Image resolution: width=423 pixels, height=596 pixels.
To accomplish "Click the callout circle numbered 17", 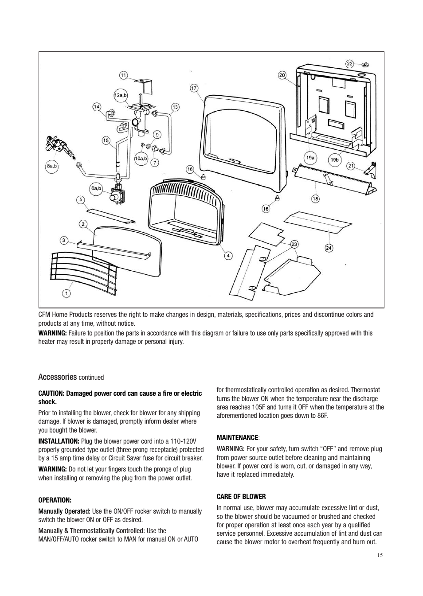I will (194, 88).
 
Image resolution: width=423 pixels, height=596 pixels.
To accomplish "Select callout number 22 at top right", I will (350, 64).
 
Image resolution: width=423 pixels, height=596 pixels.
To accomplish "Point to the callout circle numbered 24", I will (329, 248).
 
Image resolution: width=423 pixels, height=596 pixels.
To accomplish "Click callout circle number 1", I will (66, 293).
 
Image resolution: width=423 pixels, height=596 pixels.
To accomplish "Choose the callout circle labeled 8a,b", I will (52, 166).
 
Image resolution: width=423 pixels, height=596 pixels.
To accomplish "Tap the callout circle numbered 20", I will (282, 75).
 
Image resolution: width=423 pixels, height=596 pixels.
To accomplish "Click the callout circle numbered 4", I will (228, 255).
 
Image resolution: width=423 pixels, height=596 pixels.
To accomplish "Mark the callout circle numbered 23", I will (294, 244).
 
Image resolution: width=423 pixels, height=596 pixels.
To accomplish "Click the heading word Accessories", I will (58, 377).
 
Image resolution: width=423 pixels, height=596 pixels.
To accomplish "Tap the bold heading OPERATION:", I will (55, 500).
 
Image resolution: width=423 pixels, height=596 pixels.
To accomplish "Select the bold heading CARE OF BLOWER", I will (241, 496).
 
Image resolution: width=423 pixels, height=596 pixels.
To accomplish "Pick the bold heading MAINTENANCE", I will (237, 437).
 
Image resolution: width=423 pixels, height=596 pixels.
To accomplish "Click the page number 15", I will (380, 556).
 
